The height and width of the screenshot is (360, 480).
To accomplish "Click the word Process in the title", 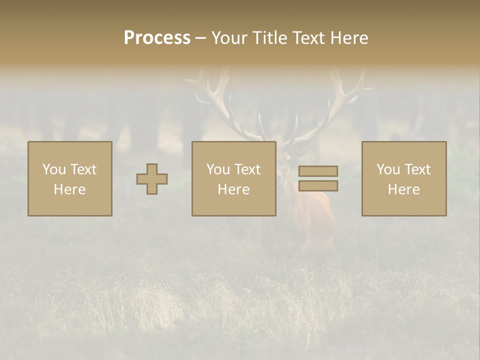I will coord(157,38).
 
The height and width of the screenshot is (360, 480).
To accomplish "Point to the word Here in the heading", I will coord(350,38).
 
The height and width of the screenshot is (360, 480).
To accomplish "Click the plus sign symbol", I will coord(152,179).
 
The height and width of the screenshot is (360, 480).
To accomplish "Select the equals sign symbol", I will coord(318,178).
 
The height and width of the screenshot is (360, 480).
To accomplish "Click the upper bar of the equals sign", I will coord(318,171).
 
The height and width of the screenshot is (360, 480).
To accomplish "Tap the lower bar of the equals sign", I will coord(318,186).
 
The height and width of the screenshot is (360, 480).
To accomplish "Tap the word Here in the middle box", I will coord(233,189).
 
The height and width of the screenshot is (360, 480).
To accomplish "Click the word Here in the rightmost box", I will coord(404,189).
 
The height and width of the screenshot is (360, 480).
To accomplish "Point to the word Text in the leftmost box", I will coord(83,169).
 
